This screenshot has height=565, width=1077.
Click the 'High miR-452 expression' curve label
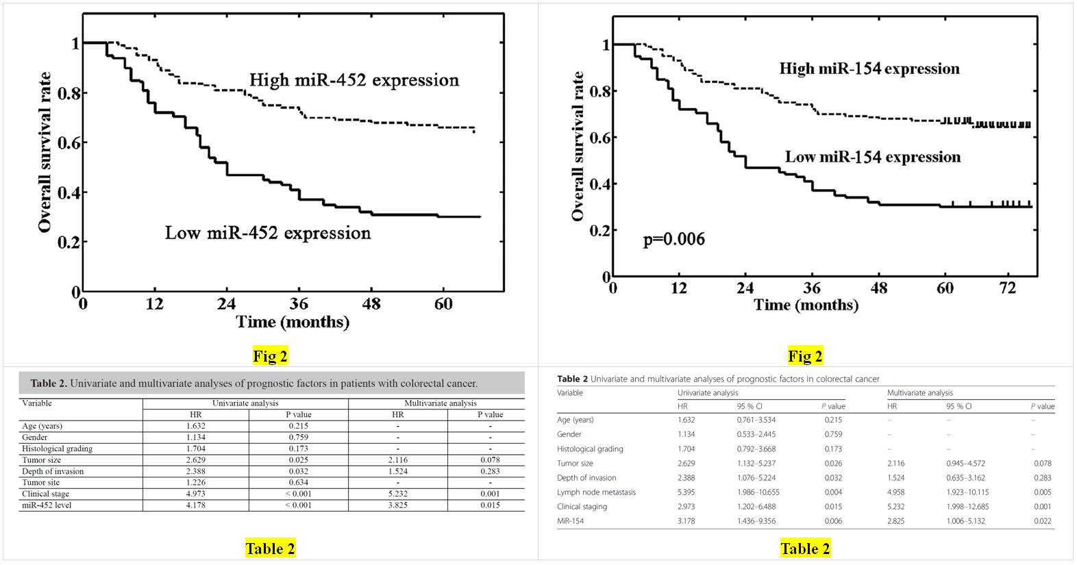354,80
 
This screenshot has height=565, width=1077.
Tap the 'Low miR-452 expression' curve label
267,233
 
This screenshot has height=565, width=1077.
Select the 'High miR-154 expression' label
869,68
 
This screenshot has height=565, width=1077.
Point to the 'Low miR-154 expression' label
872,157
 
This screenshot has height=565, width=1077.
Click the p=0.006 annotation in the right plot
673,239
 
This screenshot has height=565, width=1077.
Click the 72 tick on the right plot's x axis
1007,288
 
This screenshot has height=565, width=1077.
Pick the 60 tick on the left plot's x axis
443,303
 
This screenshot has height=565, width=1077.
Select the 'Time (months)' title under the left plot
293,322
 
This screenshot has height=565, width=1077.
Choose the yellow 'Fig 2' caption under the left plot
270,356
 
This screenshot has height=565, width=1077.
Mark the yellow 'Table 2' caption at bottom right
805,549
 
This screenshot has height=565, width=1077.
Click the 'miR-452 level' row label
47,505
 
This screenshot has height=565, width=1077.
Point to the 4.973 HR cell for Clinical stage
195,494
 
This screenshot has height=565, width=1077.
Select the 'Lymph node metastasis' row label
596,492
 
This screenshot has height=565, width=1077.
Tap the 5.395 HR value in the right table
686,492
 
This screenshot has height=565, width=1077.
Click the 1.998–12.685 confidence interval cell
967,507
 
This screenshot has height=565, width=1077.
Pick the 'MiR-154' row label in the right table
570,521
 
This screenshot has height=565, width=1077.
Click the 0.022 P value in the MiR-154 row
1042,521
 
